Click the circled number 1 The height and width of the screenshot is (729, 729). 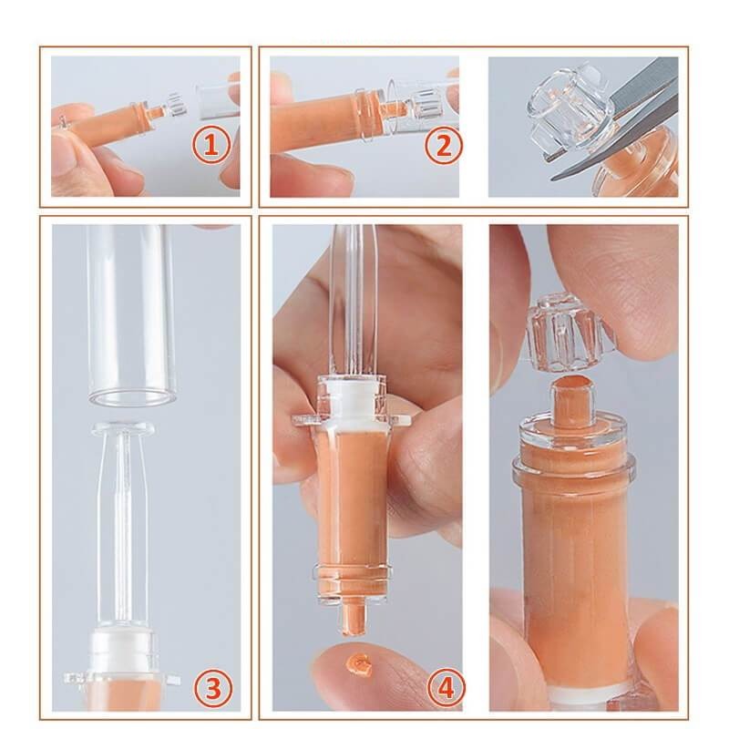click(211, 145)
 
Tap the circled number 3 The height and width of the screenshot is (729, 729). click(213, 688)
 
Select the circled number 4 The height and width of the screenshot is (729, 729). click(446, 688)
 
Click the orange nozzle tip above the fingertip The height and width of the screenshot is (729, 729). click(352, 618)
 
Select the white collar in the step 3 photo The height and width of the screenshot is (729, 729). click(123, 651)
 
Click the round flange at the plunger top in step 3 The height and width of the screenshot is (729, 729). click(124, 427)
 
